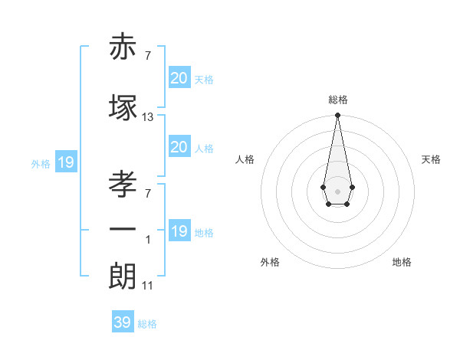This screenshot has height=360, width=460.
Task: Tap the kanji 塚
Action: pos(123,108)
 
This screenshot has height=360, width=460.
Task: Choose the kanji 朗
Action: pos(123,274)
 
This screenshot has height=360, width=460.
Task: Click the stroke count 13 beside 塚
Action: pos(148,117)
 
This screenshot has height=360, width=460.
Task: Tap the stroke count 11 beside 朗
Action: pos(148,286)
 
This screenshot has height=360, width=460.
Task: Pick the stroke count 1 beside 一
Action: pos(148,240)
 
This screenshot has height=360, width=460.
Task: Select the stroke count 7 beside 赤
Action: pos(148,56)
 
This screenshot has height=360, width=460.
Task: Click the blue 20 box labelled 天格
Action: pos(179,77)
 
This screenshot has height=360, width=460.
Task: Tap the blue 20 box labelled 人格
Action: pos(179,147)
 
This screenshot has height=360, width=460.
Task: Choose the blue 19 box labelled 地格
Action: pos(179,231)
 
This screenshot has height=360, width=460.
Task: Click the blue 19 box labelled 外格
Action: pos(65,162)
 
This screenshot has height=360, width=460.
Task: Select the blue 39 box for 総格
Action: pos(123,322)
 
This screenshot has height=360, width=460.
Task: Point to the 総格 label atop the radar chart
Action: pos(338,100)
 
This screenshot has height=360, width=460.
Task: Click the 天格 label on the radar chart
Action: pos(432,159)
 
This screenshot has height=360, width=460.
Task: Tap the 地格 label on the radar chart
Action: pos(402,262)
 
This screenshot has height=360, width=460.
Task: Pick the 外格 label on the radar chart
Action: pos(270,262)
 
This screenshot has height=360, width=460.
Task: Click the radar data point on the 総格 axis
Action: pos(337,116)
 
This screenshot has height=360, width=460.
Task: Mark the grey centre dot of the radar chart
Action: pos(337,190)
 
